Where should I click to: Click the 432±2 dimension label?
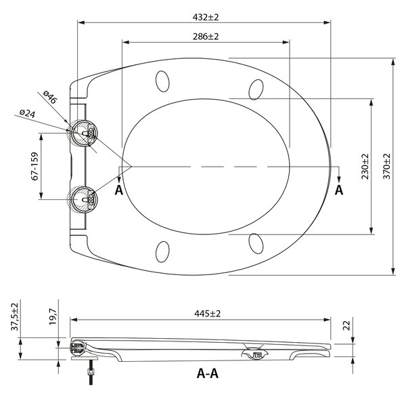coord(206,18)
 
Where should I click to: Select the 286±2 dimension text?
coord(206,37)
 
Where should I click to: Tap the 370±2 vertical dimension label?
coord(386,166)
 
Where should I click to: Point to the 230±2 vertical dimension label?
coord(365,167)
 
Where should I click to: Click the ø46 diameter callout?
coord(49,97)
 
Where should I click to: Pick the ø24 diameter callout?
coord(28,113)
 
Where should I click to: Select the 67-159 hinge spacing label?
coord(35,166)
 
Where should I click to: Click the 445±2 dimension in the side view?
coord(207,314)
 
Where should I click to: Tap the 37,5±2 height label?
coord(14,316)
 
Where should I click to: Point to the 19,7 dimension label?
coord(53,316)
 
